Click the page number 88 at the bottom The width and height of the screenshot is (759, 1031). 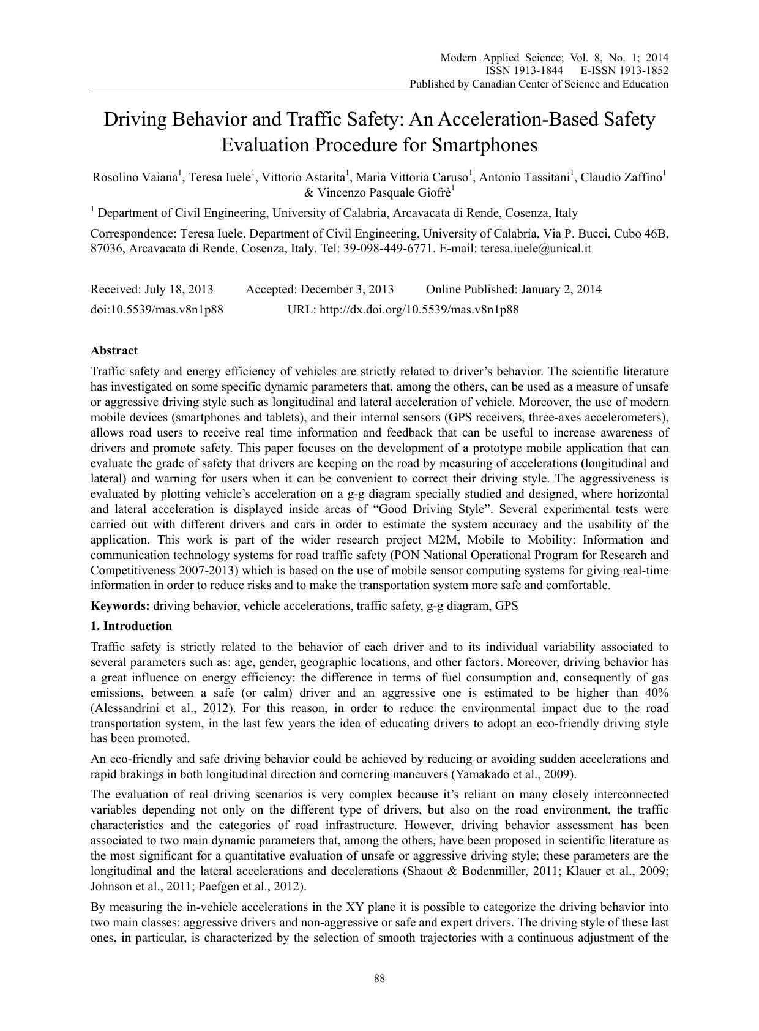coord(379,978)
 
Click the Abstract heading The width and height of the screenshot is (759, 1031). coord(114,351)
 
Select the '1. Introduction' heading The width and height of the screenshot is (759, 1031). coord(131,626)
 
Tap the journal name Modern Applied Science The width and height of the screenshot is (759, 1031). coord(500,58)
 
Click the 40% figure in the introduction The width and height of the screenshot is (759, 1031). coord(655,693)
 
